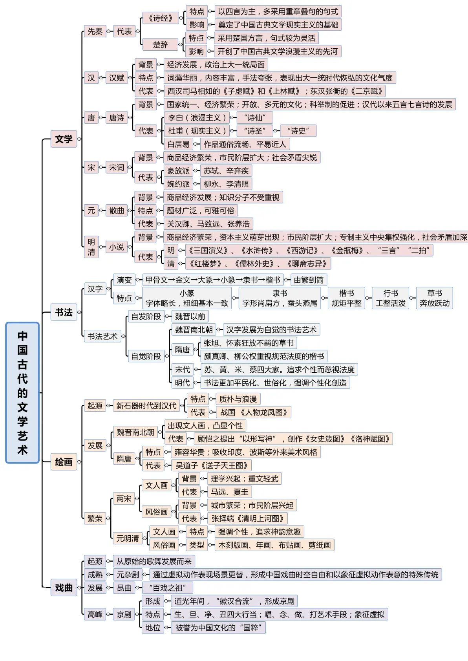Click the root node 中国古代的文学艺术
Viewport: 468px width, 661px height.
coord(22,392)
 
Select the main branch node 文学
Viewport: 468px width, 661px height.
coord(64,139)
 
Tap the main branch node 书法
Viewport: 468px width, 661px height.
coord(64,312)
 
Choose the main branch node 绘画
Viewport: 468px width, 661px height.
coord(64,462)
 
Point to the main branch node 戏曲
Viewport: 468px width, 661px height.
coord(64,588)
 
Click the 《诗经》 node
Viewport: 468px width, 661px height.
coord(161,18)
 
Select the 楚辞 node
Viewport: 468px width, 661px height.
coord(160,45)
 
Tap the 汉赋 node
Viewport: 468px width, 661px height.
coord(117,78)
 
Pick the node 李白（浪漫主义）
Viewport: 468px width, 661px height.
coord(197,117)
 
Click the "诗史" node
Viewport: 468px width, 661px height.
coord(298,131)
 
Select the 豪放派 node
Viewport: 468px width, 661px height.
coord(178,171)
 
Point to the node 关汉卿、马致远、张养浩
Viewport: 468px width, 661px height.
coord(208,224)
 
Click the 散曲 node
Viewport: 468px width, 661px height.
coord(117,211)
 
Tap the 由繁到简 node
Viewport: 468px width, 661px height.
coord(309,280)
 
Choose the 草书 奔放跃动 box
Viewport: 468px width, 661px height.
coord(434,298)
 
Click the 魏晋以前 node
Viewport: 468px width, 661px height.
coord(190,317)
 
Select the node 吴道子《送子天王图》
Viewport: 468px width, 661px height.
coord(212,465)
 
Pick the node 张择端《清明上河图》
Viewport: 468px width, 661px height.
coord(248,518)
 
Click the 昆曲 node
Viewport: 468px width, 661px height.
coord(124,588)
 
